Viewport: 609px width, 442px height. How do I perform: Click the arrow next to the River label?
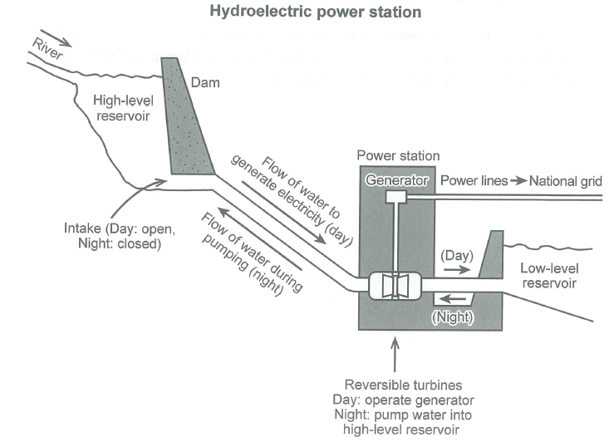[x=61, y=40]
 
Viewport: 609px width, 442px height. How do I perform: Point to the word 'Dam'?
[x=203, y=82]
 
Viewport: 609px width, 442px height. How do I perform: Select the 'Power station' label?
[x=398, y=155]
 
